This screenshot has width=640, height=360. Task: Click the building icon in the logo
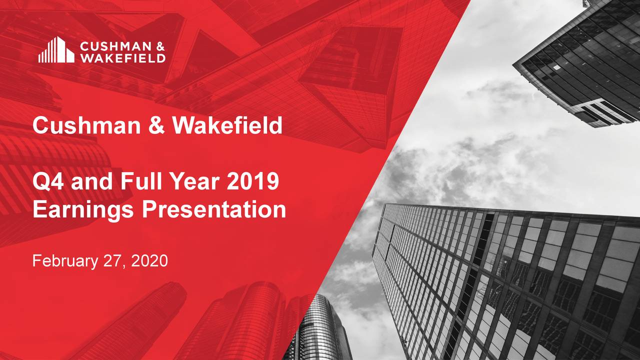pos(56,50)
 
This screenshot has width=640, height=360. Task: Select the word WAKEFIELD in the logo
pos(122,58)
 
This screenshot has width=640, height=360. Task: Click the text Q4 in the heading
pos(49,182)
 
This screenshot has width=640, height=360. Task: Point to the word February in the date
pos(63,260)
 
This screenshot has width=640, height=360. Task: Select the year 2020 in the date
pos(148,260)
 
